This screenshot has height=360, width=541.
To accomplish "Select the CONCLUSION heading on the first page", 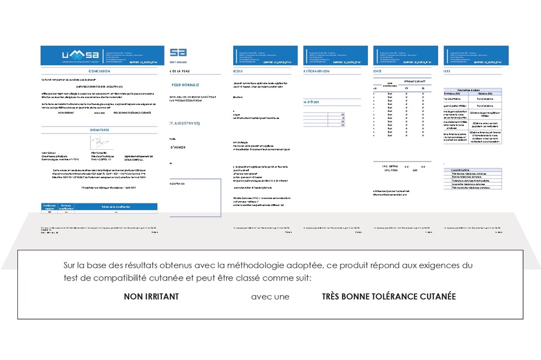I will pos(102,71).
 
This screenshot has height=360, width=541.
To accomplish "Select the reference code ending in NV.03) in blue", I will pos(185,124).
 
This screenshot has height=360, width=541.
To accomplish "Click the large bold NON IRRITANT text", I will pos(151,297).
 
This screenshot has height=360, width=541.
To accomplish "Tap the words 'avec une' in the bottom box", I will pos(270,297).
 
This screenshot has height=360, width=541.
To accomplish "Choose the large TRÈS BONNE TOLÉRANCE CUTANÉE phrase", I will pos(388,297).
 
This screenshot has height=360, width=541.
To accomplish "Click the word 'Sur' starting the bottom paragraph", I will pos(70,266).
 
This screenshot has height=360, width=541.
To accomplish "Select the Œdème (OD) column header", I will pos(483,94).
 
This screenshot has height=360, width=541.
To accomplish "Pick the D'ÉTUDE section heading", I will pos(314,102).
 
